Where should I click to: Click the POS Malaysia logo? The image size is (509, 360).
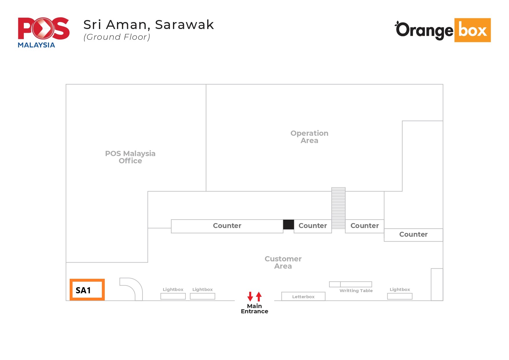[x=44, y=32]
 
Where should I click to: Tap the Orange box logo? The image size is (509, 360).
[x=443, y=30]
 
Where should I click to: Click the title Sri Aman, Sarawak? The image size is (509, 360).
[x=149, y=25]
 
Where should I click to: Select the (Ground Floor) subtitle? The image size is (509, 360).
[x=117, y=37]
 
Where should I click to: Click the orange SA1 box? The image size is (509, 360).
[x=87, y=290]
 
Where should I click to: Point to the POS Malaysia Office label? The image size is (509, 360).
[x=130, y=157]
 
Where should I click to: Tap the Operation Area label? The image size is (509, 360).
[x=309, y=137]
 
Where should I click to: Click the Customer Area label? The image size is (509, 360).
[x=283, y=262]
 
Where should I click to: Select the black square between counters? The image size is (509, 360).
[x=288, y=225]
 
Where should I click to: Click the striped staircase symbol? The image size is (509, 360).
[x=338, y=208]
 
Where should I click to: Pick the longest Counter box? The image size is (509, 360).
[x=227, y=226]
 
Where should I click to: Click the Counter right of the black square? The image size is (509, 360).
[x=313, y=226]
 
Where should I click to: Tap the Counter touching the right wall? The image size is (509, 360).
[x=413, y=235]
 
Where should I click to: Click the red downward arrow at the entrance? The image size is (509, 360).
[x=250, y=296]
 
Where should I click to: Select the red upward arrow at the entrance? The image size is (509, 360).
[x=259, y=296]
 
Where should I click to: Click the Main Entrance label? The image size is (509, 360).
[x=255, y=309]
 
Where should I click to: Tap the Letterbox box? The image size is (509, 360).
[x=303, y=296]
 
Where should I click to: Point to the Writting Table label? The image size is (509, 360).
[x=356, y=291]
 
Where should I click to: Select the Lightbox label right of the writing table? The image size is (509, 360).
[x=400, y=290]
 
